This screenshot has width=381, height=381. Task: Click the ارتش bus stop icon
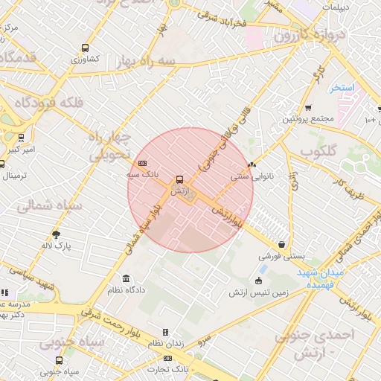[179, 180]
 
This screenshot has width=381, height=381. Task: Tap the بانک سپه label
[143, 174]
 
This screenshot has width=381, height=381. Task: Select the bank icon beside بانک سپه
[142, 164]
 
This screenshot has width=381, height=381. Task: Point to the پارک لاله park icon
[56, 234]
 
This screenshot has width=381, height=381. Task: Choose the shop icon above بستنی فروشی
[281, 244]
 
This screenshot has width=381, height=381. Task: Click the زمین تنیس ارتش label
[257, 292]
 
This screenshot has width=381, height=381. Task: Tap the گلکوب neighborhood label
[318, 151]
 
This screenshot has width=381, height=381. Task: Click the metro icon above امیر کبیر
[20, 138]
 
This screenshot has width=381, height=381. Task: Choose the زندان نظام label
[165, 343]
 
